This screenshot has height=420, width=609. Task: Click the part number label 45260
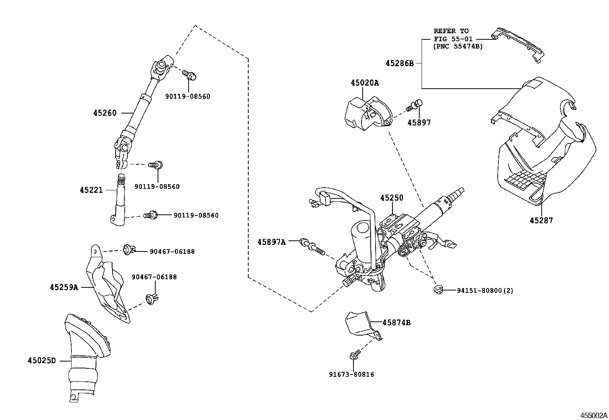104,113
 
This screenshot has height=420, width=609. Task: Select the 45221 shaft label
91,190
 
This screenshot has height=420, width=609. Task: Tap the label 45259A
64,287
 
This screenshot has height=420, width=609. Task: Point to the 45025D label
41,360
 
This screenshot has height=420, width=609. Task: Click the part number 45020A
365,83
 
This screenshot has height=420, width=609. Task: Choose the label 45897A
271,242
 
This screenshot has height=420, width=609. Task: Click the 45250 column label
391,198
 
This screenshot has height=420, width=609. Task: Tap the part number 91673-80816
352,375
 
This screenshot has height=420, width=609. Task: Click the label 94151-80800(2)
485,290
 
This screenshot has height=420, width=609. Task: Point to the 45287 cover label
541,221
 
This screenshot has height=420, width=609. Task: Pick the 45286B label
399,63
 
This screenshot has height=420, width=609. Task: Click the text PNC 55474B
458,47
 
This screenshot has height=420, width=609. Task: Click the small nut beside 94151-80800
438,289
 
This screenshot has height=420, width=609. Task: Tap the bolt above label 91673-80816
354,355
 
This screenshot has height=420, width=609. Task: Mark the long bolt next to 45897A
311,246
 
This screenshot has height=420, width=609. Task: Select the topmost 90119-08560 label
187,97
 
